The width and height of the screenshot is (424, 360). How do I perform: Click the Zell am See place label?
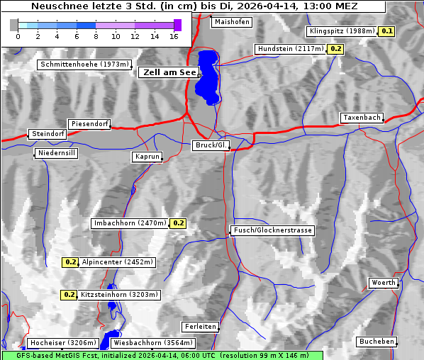[169, 72]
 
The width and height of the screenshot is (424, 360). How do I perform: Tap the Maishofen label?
[231, 22]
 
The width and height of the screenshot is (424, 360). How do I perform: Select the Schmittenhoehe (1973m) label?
[85, 64]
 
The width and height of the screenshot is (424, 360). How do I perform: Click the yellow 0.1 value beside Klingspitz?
[387, 31]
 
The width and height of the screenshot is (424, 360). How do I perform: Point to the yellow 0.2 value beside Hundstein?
[335, 49]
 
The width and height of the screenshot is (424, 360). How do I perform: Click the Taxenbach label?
[362, 118]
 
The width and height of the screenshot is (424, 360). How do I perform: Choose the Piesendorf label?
[89, 124]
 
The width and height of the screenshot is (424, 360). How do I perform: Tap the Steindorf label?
[48, 134]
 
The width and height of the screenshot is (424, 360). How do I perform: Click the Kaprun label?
[147, 157]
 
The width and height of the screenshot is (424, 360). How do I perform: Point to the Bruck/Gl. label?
[211, 145]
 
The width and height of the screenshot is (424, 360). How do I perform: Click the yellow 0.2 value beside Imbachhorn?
[178, 223]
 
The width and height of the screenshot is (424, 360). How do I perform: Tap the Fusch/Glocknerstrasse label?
[272, 230]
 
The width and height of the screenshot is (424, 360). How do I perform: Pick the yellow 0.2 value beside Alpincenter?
[70, 262]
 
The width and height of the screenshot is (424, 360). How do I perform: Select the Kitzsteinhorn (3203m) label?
[120, 295]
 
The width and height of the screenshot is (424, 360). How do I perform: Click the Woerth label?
[384, 283]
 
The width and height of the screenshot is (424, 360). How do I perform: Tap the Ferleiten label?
[199, 327]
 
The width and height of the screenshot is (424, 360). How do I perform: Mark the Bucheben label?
[376, 342]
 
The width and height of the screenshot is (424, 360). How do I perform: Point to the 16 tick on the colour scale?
[174, 35]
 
